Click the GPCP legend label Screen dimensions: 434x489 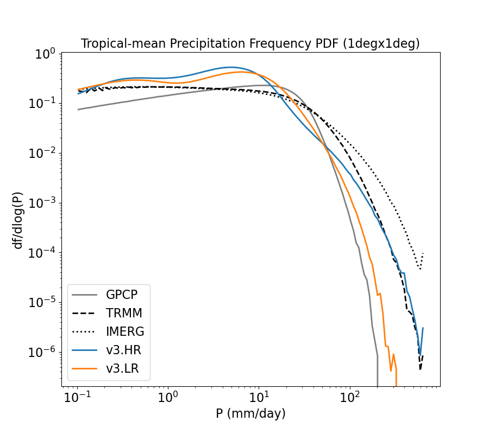[x=121, y=295]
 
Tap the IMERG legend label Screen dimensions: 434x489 [x=125, y=331]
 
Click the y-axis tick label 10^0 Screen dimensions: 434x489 [x=45, y=54]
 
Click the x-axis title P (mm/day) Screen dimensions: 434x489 [x=250, y=414]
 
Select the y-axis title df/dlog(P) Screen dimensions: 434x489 [x=18, y=220]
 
